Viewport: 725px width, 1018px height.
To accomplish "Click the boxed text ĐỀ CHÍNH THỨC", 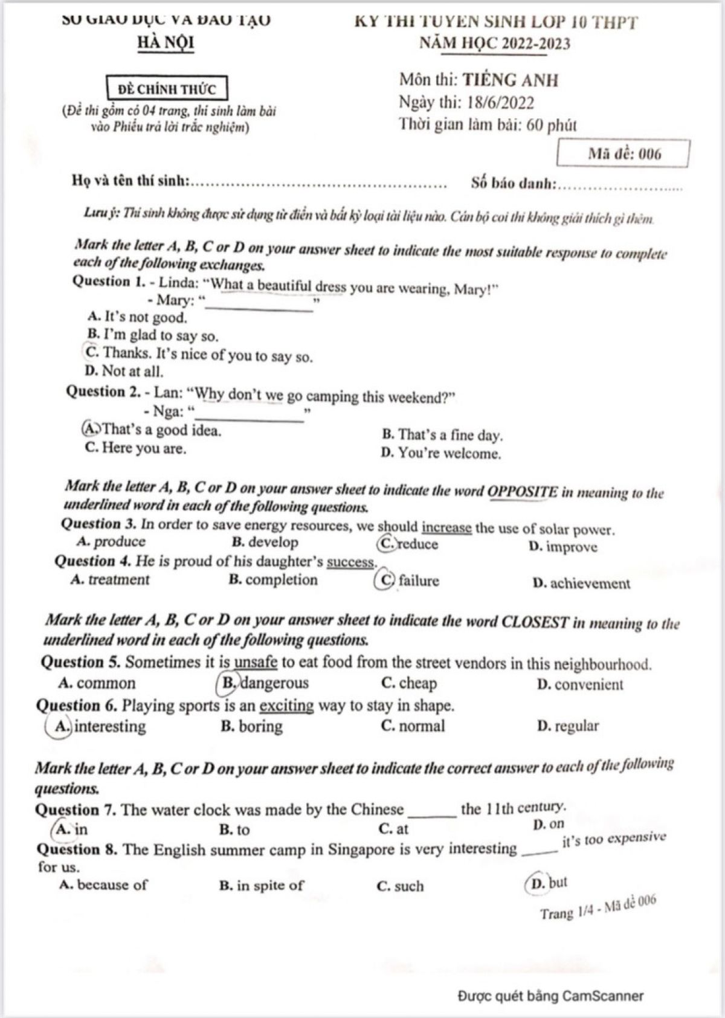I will point(166,89).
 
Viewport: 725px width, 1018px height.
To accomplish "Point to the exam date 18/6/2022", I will point(500,103).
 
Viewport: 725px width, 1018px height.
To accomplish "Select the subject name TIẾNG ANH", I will point(511,80).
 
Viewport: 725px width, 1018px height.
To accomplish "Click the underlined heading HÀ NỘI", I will point(166,43).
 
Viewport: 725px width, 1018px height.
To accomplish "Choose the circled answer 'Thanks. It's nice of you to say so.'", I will point(199,354).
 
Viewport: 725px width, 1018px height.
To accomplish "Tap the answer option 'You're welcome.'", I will point(441,453).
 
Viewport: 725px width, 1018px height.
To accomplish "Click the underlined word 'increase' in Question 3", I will point(446,528).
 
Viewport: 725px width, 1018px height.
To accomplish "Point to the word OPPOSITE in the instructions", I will point(523,491).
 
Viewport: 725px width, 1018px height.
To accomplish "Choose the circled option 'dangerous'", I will point(265,683).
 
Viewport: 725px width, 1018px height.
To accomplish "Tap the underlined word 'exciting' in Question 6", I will point(286,705).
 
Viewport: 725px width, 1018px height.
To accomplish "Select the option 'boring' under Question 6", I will point(252,726).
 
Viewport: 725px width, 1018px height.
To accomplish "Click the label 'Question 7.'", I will point(76,810).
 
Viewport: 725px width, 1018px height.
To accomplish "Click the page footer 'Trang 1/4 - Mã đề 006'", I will point(598,907).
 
